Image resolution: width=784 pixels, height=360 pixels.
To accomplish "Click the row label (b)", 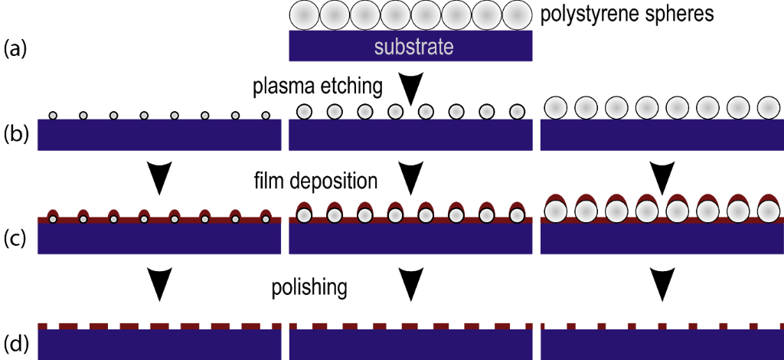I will click(15, 136).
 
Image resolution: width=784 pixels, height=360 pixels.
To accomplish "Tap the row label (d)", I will click(15, 342).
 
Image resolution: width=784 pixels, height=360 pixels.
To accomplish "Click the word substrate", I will click(413, 47).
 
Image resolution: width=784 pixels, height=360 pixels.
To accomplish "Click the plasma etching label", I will click(318, 87).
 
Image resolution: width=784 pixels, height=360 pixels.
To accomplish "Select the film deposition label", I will click(315, 182).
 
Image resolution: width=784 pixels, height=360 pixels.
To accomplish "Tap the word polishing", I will click(310, 289).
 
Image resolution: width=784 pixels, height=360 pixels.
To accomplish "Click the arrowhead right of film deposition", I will click(411, 178).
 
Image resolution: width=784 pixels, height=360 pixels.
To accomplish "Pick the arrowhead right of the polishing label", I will click(411, 285).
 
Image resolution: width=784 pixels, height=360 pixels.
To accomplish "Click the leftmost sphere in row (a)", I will click(303, 15).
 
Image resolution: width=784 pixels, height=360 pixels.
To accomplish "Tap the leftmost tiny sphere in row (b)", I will click(53, 116).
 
